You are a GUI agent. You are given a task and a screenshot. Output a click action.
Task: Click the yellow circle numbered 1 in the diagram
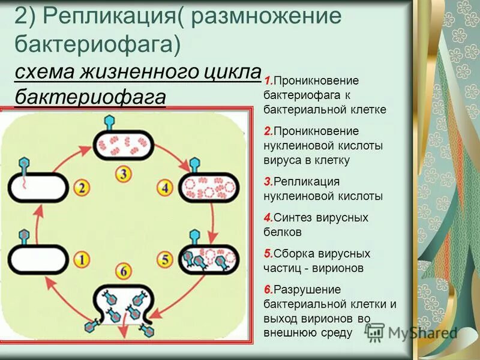[x=82, y=260]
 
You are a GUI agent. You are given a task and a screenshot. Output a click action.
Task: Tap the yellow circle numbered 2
[x=82, y=188]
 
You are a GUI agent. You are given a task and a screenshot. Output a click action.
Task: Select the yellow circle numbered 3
[x=123, y=175]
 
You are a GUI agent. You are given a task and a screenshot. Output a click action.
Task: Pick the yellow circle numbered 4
[x=165, y=187]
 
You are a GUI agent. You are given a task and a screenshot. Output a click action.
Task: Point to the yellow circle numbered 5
[x=165, y=260]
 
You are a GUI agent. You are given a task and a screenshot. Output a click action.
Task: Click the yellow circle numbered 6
[x=124, y=272]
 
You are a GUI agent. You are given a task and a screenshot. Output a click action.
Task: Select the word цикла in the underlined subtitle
[x=230, y=72]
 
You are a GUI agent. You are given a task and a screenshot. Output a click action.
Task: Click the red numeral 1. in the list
[x=268, y=80]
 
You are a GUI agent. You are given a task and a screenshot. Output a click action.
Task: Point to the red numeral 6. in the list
[x=268, y=289]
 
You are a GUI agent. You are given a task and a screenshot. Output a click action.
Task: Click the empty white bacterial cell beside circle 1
[x=37, y=260]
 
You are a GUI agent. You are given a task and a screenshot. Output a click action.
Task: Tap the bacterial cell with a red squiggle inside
[x=37, y=188]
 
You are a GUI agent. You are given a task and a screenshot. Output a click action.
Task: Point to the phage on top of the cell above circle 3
[x=110, y=122]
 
